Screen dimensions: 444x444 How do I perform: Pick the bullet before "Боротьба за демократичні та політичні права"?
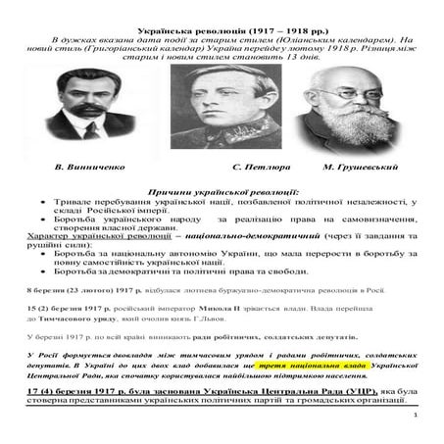coord(44,271)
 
